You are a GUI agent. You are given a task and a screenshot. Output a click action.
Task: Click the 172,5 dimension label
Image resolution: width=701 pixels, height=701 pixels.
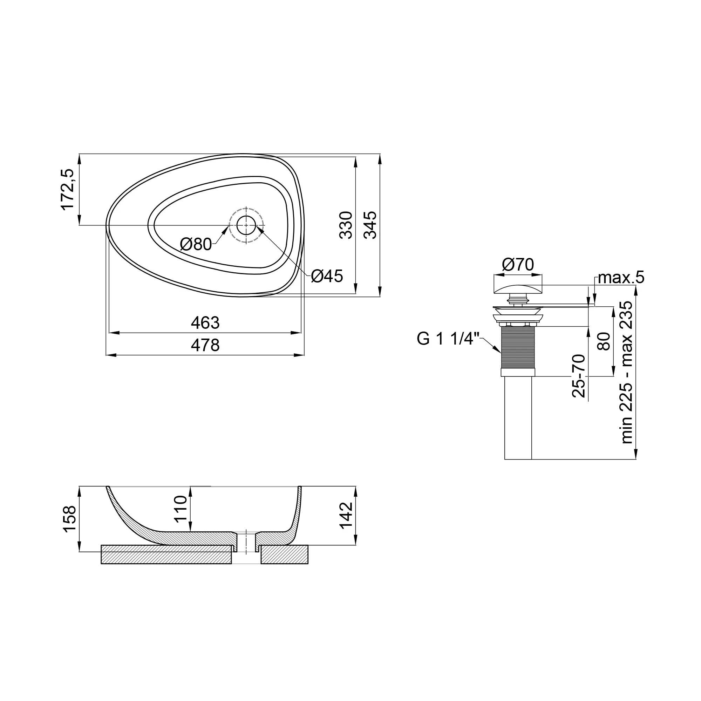pyautogui.click(x=68, y=189)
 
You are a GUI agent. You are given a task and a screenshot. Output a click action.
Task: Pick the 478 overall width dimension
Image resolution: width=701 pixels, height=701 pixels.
pyautogui.click(x=205, y=345)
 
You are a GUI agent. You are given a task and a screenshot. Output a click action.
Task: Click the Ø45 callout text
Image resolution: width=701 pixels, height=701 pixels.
pyautogui.click(x=327, y=277)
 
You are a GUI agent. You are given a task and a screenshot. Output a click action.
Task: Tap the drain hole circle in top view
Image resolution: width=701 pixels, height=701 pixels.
pyautogui.click(x=246, y=225)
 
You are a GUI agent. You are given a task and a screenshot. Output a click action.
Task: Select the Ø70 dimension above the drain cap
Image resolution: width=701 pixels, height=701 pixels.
pyautogui.click(x=518, y=265)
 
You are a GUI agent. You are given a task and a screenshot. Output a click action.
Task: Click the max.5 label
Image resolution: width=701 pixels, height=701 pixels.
pyautogui.click(x=621, y=278)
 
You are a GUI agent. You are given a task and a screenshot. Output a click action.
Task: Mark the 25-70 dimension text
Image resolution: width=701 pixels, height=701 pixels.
pyautogui.click(x=579, y=376)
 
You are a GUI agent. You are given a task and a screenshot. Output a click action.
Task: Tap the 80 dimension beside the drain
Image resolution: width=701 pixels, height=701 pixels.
pyautogui.click(x=604, y=341)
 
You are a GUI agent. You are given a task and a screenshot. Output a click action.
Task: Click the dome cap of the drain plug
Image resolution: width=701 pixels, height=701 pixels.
pyautogui.click(x=518, y=289)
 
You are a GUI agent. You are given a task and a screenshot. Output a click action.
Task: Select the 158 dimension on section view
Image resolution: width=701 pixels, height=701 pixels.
pyautogui.click(x=70, y=519)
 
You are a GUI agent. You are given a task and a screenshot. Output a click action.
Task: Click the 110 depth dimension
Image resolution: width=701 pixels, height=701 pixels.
pyautogui.click(x=180, y=509)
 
